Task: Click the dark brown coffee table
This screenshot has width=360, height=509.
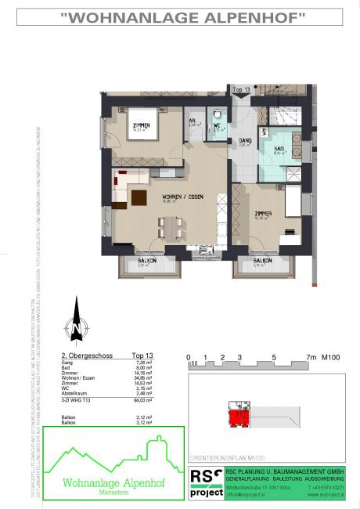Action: coord(140,196)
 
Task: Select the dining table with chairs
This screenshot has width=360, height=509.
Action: coord(171,226)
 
